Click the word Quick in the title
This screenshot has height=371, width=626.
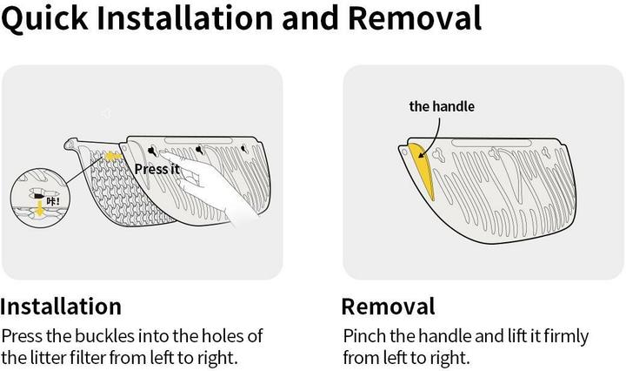click(44, 18)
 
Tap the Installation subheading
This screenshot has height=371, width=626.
click(61, 307)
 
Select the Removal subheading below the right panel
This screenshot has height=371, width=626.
click(388, 307)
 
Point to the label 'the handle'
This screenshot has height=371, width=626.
click(442, 106)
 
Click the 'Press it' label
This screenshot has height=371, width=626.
click(156, 169)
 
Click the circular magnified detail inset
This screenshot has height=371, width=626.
click(40, 199)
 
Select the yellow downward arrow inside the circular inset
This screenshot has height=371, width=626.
click(39, 209)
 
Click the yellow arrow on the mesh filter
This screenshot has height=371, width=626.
click(113, 156)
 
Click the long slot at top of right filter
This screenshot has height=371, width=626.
click(491, 143)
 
